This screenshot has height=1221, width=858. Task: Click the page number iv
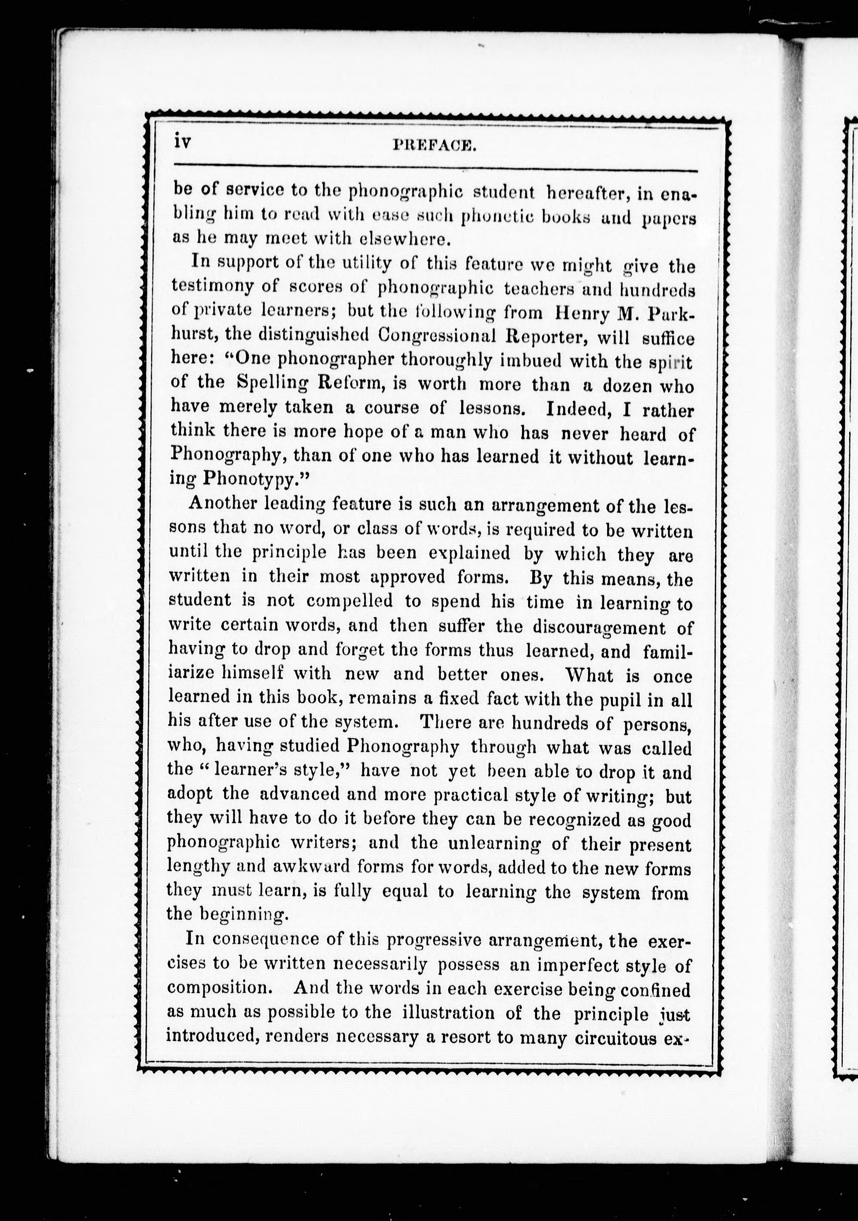182,143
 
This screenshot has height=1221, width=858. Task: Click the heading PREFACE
434,145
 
